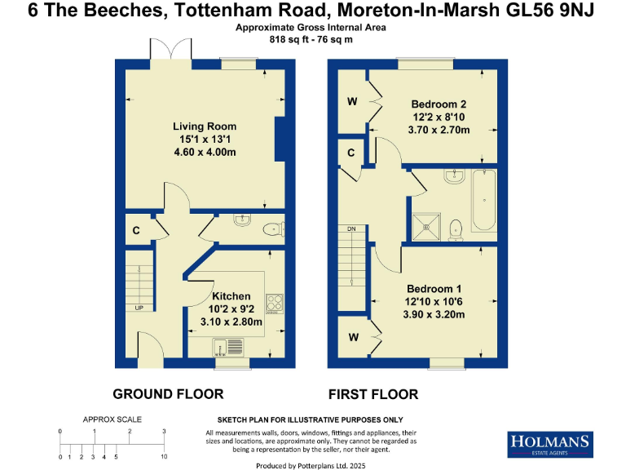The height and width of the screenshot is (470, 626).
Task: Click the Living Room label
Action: pos(205,126)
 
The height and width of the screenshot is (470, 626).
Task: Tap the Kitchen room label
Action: pos(231,296)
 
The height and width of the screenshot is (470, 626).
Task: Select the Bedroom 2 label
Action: pos(439,104)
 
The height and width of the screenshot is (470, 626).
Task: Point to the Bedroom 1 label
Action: pos(434,289)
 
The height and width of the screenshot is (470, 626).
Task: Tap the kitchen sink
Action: pos(225,348)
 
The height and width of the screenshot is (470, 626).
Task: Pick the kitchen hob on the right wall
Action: pos(275,304)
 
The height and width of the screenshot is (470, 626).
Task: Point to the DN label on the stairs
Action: pos(352,228)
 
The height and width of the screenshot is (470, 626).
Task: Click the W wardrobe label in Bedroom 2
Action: pos(352,102)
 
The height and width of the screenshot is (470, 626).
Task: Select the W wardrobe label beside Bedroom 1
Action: pos(352,337)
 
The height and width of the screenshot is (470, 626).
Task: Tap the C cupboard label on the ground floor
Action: pos(135,230)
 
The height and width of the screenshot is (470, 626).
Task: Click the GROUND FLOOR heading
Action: pos(168,394)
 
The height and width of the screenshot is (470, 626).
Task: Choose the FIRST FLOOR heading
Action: pos(373,394)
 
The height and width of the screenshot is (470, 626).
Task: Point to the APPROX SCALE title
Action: pos(112,419)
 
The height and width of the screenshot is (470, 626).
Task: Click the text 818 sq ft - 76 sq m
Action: pos(312,38)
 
